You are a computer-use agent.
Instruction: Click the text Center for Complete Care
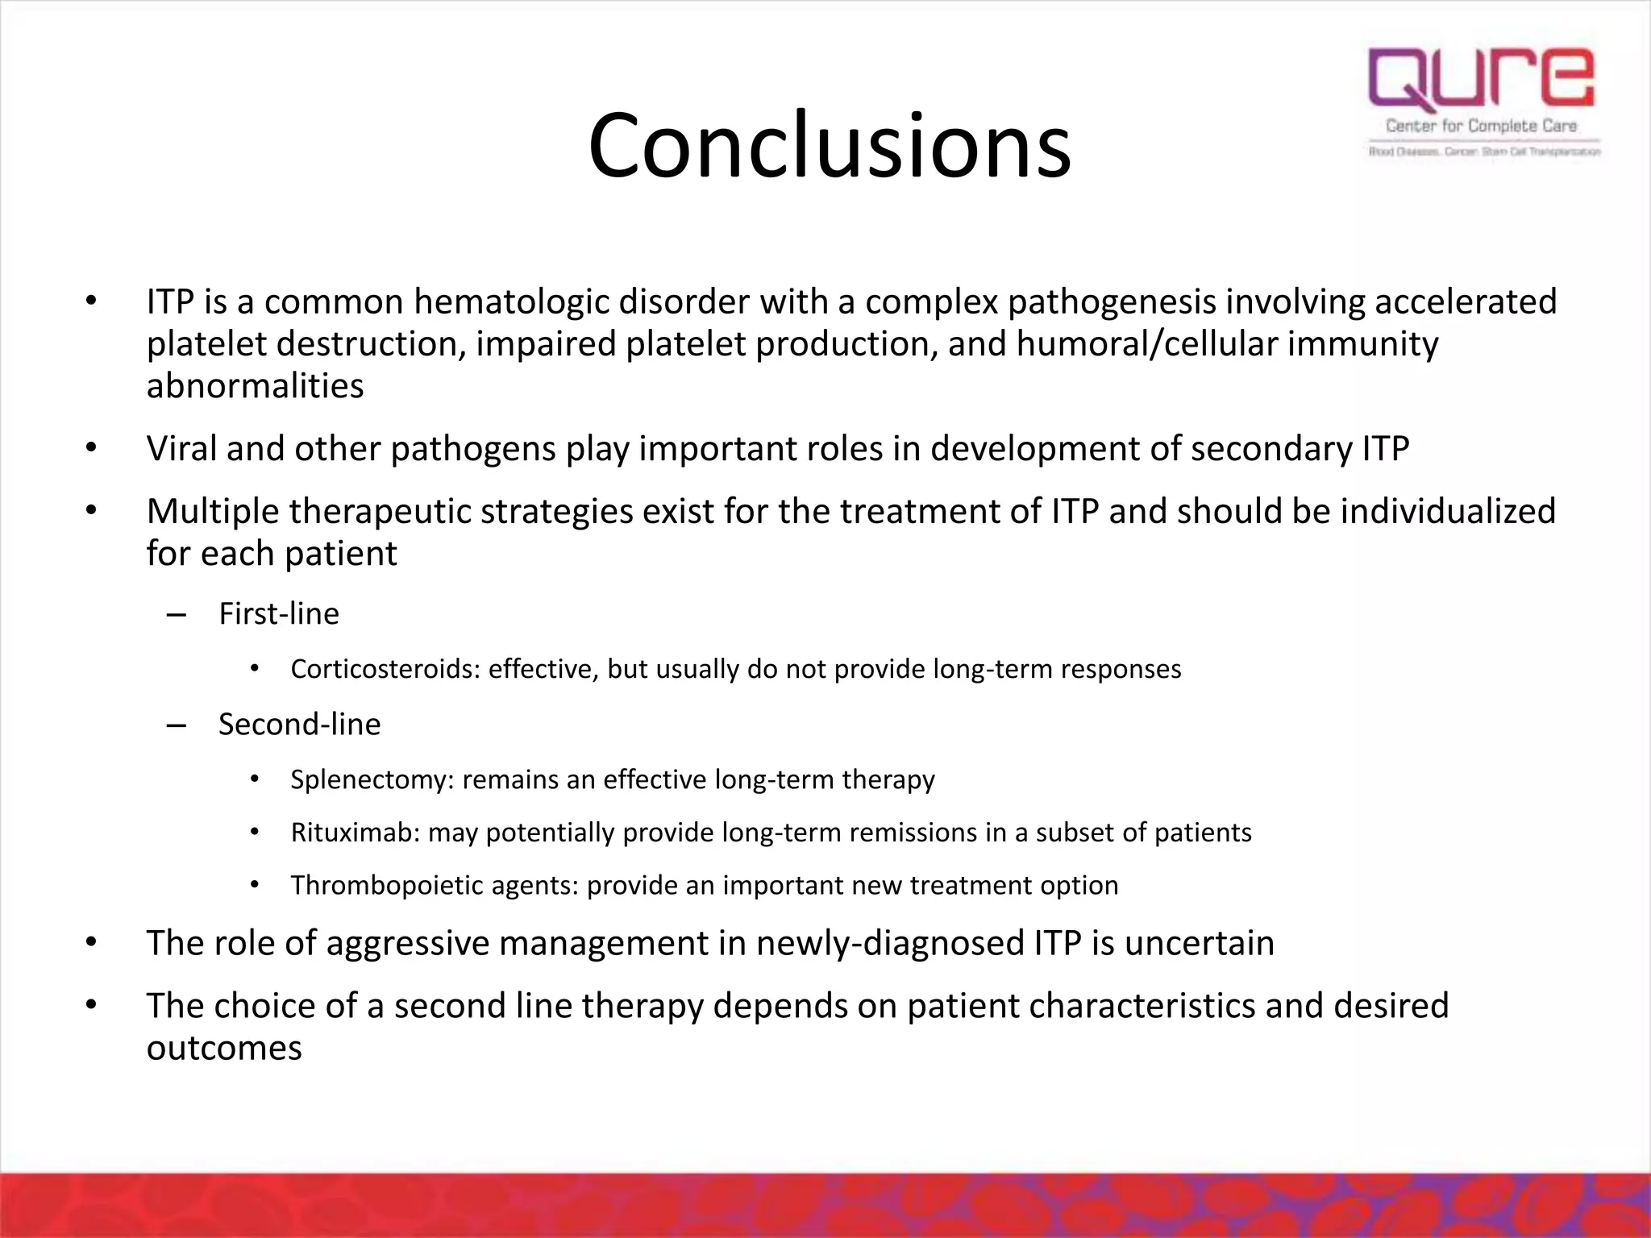pyautogui.click(x=1482, y=126)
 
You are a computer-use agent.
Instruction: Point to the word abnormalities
pyautogui.click(x=255, y=386)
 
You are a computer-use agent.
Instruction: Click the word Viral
pyautogui.click(x=181, y=449)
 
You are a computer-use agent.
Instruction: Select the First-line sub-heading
pyautogui.click(x=279, y=614)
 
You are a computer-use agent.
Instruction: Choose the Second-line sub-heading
pyautogui.click(x=299, y=725)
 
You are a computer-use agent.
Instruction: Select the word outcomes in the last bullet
pyautogui.click(x=224, y=1048)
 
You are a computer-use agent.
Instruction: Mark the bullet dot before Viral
pyautogui.click(x=91, y=448)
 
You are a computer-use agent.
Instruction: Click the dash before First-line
pyautogui.click(x=176, y=616)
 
